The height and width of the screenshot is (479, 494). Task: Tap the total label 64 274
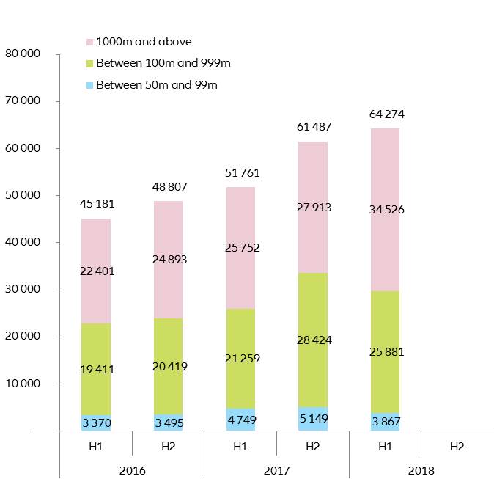coord(386,114)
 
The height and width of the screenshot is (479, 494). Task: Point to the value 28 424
coord(313,340)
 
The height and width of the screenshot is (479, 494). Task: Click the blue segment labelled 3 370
coord(96,423)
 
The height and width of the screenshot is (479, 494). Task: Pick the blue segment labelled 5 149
coord(313,419)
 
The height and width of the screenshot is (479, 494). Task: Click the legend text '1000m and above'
coord(144,42)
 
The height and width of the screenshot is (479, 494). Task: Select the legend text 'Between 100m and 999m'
coord(163,64)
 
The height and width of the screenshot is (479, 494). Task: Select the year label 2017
coord(276,470)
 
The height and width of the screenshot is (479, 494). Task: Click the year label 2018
coord(421,470)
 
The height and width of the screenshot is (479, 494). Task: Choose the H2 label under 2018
coord(457,445)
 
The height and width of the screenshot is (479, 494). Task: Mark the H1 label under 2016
coord(96,445)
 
